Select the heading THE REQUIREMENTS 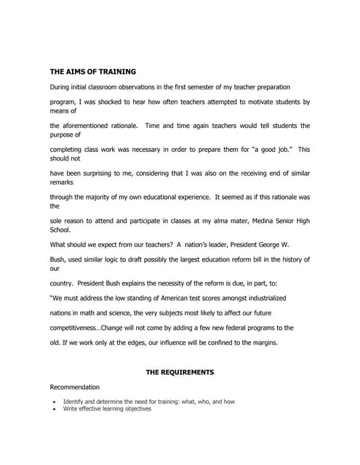coord(180,372)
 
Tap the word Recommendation coord(75,387)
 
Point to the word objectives coord(135,409)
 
